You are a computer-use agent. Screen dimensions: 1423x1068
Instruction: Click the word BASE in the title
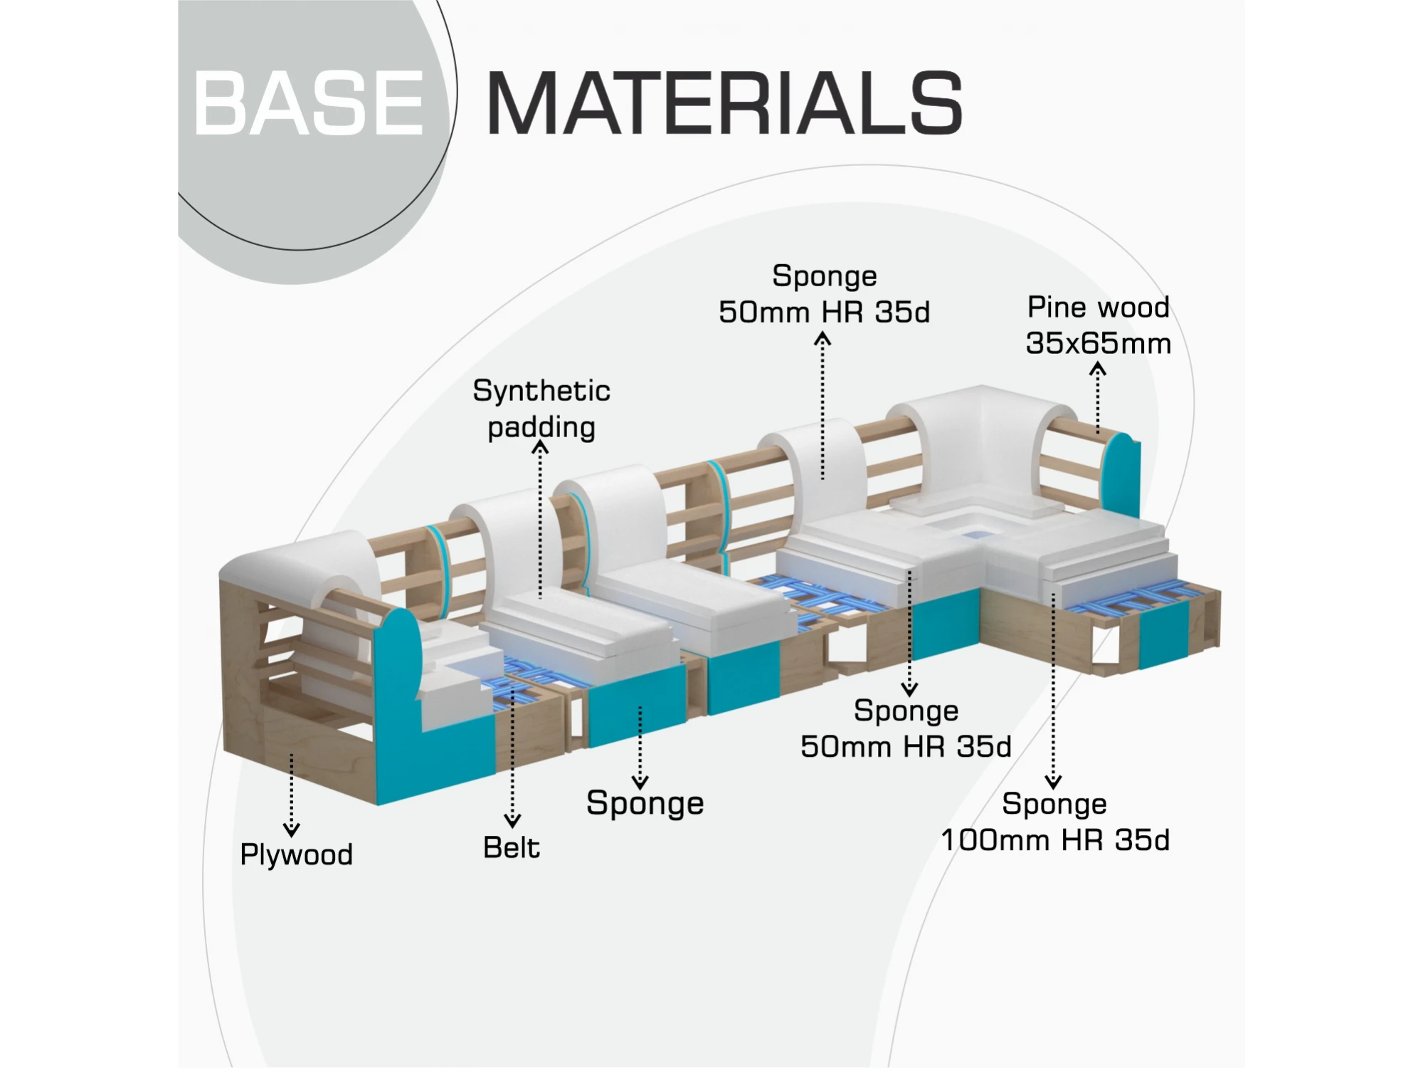click(x=309, y=103)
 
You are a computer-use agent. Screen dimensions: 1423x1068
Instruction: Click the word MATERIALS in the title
click(x=724, y=103)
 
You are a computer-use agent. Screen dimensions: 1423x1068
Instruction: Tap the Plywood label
click(x=296, y=854)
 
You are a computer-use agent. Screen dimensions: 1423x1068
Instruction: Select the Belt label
click(x=511, y=847)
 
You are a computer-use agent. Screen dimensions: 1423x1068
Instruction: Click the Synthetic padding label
click(x=541, y=409)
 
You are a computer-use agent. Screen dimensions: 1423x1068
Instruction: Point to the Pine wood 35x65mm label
click(x=1098, y=325)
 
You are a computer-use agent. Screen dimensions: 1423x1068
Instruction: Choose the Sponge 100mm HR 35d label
click(x=1055, y=822)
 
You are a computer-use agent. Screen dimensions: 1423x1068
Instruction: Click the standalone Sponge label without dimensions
click(x=645, y=803)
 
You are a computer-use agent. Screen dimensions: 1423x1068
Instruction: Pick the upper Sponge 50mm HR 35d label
click(x=824, y=294)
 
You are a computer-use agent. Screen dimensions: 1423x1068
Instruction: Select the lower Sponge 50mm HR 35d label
click(x=906, y=728)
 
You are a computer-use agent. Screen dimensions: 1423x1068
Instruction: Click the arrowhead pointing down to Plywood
click(x=291, y=829)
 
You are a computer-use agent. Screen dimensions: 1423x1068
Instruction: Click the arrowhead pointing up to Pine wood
click(x=1098, y=369)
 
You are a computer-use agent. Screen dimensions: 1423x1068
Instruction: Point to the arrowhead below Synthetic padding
click(x=540, y=447)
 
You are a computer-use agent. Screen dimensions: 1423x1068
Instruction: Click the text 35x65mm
click(x=1098, y=343)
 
